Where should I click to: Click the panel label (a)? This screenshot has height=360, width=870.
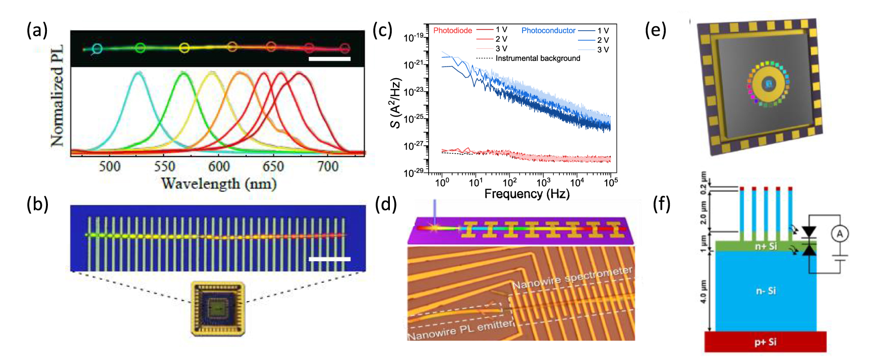coord(37,30)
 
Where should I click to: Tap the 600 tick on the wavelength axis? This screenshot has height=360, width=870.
coord(219,166)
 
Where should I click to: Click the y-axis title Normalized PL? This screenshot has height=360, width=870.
coord(57,96)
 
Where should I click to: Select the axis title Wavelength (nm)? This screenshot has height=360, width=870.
coord(219,184)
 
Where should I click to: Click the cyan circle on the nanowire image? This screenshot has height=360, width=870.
coord(97,49)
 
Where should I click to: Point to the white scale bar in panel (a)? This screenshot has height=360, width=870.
coord(329,59)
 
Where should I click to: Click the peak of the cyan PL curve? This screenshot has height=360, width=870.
coord(138,73)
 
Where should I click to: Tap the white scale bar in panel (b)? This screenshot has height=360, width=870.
coord(329,259)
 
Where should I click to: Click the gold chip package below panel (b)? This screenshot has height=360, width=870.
coord(218,309)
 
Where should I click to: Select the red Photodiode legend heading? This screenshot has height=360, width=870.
coord(452,31)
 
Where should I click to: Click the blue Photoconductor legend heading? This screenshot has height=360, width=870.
coord(548,31)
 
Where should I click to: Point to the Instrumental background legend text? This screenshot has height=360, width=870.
coord(538,58)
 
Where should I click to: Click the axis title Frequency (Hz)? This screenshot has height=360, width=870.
coord(527,194)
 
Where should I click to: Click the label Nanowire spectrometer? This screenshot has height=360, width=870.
coord(572,279)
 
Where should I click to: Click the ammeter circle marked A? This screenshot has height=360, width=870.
coord(840,233)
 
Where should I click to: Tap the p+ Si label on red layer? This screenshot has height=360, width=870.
coord(765,342)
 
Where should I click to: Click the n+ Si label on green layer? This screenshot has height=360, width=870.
coord(765,247)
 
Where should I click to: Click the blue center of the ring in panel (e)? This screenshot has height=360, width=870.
coord(769,84)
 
